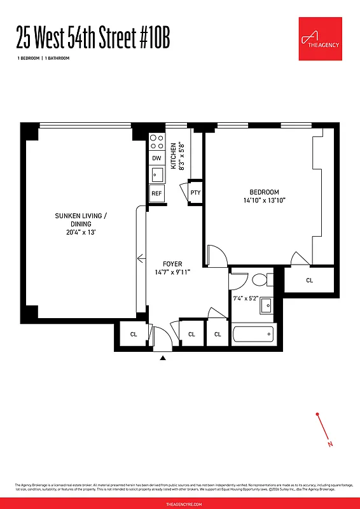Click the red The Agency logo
point(321,39)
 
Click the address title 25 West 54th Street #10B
point(93,40)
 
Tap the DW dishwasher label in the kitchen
point(156,158)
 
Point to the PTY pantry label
point(195,193)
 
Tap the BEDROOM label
point(263,192)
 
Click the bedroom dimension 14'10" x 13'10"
point(263,200)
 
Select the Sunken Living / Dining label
point(81,220)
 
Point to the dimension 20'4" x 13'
point(81,232)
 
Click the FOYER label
point(172,263)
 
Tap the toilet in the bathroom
point(260,279)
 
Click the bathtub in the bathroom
point(253,333)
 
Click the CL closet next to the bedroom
point(309,280)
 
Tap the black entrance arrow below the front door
point(163,359)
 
